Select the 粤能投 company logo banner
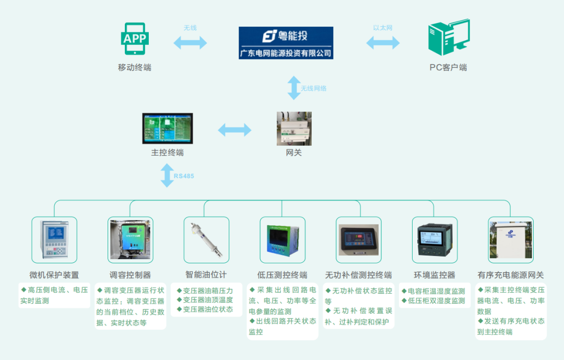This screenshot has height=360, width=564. coord(286,43)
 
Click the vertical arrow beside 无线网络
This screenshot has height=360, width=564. coord(294,88)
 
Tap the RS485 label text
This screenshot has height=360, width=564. coord(184,176)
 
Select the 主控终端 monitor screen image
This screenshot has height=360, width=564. coord(168,128)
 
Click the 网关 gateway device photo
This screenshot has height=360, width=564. coord(294,129)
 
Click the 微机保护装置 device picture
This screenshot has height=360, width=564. coord(54,240)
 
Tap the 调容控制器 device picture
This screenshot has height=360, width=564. coord(131,240)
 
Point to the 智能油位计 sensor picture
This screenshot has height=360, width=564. coord(206,240)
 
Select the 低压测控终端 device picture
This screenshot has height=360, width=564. coord(282,240)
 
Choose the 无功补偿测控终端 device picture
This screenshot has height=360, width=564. coord(358,240)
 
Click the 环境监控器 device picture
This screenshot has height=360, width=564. coord(434,240)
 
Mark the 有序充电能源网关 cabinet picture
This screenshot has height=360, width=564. coord(510,240)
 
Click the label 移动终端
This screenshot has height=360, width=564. coord(135,67)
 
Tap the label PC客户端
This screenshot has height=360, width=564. coord(448,67)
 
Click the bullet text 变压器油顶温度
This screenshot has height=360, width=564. coord(205,300)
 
